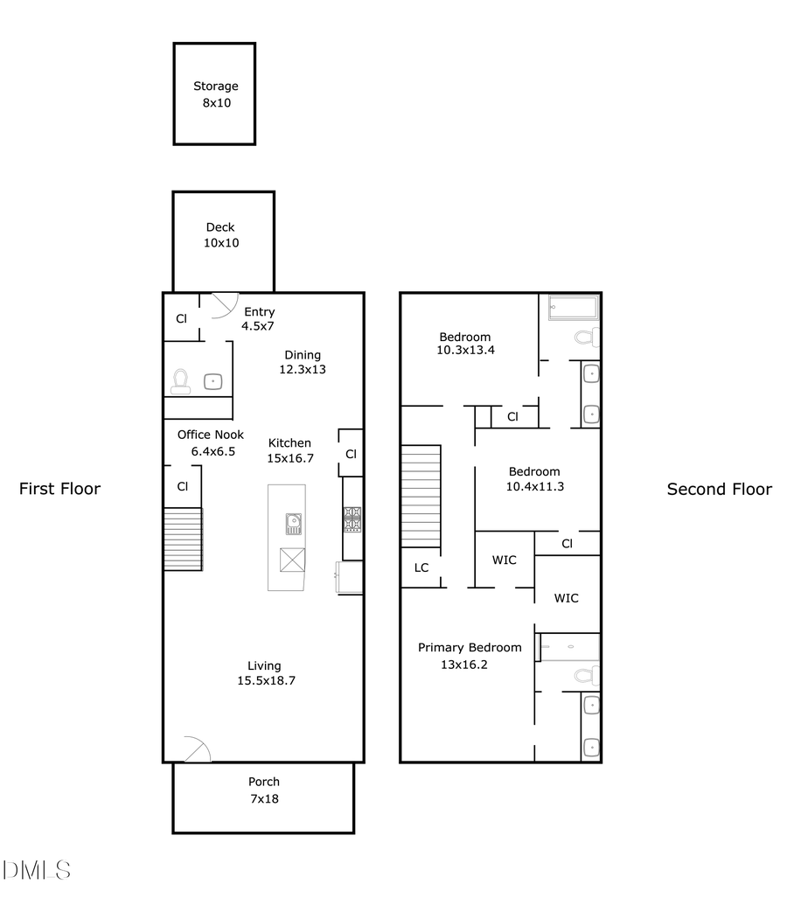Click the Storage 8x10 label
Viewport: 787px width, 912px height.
pyautogui.click(x=215, y=94)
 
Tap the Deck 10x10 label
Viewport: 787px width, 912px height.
pyautogui.click(x=220, y=235)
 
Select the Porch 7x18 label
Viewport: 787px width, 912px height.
pyautogui.click(x=263, y=790)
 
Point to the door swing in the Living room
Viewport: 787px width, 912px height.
pyautogui.click(x=198, y=749)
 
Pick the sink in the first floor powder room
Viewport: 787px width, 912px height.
pyautogui.click(x=213, y=381)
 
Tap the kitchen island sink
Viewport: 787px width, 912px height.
pyautogui.click(x=293, y=525)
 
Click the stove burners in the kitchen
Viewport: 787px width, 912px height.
pyautogui.click(x=352, y=519)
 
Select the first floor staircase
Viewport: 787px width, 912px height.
pyautogui.click(x=183, y=539)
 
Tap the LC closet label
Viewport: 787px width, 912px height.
pyautogui.click(x=421, y=567)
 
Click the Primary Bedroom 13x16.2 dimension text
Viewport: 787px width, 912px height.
pyautogui.click(x=464, y=665)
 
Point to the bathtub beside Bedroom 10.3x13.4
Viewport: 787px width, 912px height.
pyautogui.click(x=573, y=308)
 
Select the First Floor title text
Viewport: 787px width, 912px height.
pyautogui.click(x=59, y=489)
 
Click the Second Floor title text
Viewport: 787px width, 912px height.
pyautogui.click(x=719, y=489)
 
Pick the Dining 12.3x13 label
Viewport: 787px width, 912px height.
pyautogui.click(x=303, y=362)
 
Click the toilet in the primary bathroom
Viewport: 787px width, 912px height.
pyautogui.click(x=586, y=675)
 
